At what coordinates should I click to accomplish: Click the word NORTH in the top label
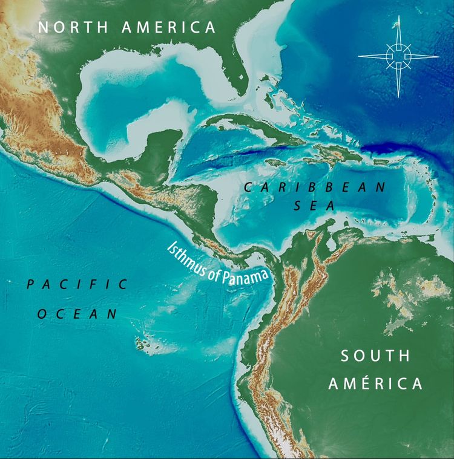[71, 27]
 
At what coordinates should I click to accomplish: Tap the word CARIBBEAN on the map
[314, 187]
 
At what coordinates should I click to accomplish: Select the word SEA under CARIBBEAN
[314, 206]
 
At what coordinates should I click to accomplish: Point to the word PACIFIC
[77, 284]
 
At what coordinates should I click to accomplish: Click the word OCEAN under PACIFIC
[77, 313]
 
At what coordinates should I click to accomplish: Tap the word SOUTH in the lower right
[375, 356]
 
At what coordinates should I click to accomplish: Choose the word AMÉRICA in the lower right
[380, 384]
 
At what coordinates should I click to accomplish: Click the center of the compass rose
[398, 56]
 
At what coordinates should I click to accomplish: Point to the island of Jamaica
[276, 162]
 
